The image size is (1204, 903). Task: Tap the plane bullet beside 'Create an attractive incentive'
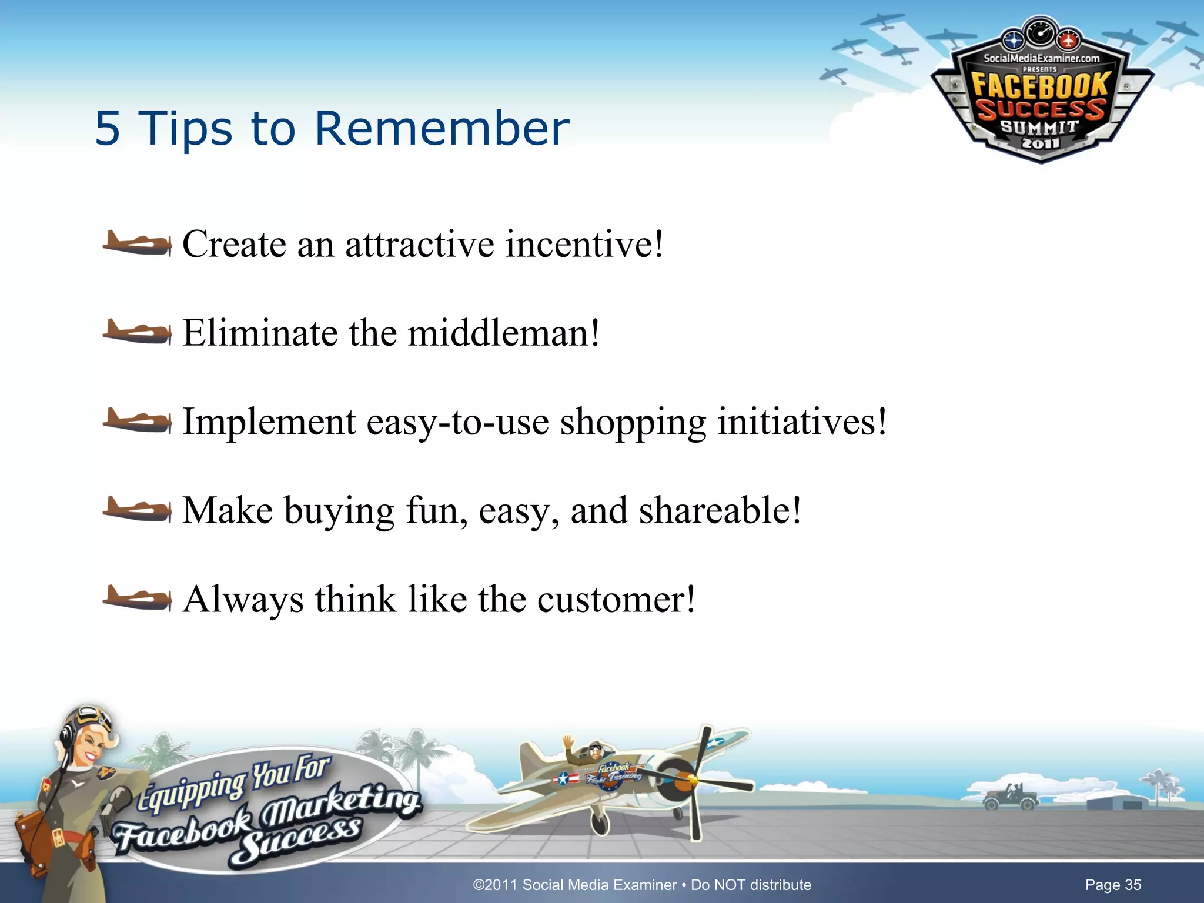(x=137, y=243)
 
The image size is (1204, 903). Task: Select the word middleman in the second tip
(x=503, y=333)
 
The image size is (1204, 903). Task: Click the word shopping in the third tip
(x=633, y=422)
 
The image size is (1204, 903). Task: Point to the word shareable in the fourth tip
(x=720, y=510)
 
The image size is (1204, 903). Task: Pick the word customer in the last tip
(x=616, y=600)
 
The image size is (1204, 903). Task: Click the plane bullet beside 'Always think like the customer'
(x=137, y=598)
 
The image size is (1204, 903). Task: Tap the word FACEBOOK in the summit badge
(x=1040, y=86)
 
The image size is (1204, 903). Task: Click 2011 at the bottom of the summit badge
(x=1040, y=143)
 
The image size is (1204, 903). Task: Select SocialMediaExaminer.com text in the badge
(x=1041, y=58)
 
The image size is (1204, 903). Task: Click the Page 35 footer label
(x=1113, y=885)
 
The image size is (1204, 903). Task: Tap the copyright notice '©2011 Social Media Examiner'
(x=574, y=885)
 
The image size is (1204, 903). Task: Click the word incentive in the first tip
(x=584, y=245)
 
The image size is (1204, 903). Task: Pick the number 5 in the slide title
(x=108, y=128)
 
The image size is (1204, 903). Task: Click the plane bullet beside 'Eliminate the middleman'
(x=137, y=333)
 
